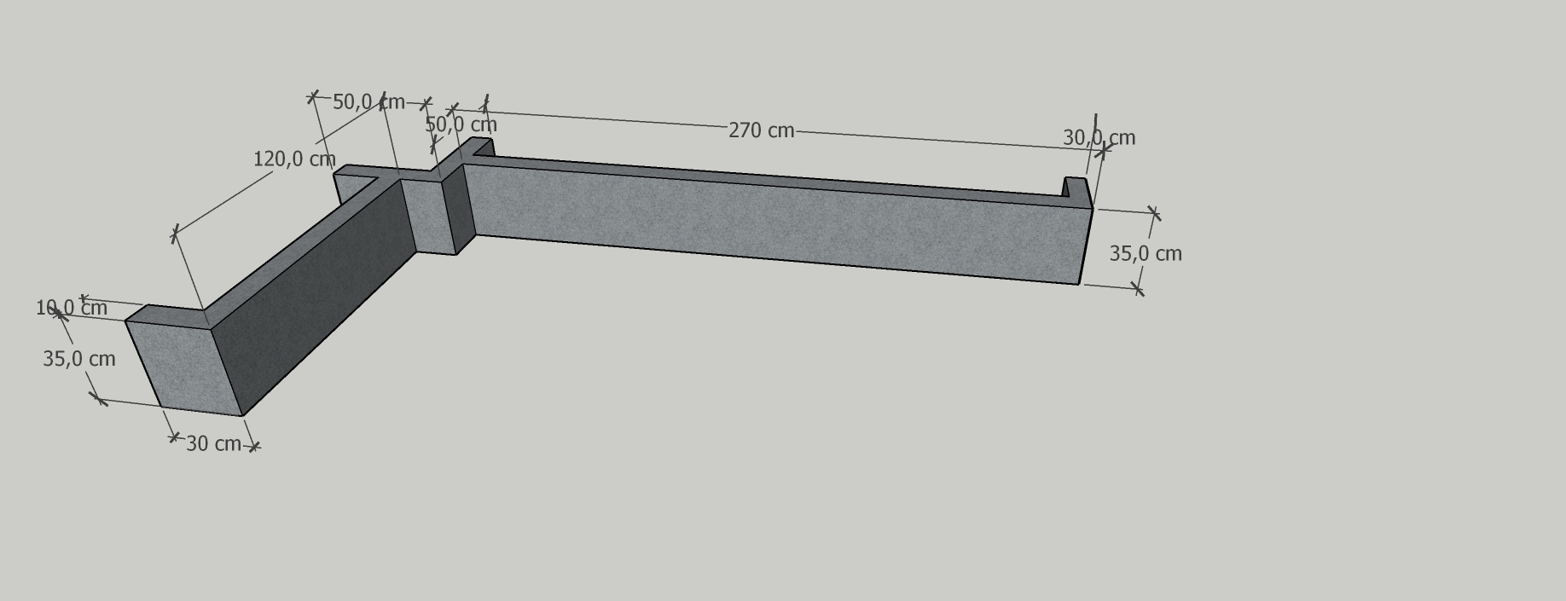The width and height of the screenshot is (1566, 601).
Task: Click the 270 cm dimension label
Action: click(x=761, y=130)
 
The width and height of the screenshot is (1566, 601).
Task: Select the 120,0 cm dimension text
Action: click(x=294, y=159)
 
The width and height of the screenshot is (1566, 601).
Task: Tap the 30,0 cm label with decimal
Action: click(x=1099, y=137)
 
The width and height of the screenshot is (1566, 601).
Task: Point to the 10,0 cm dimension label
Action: click(x=72, y=308)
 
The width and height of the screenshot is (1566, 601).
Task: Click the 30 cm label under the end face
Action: click(x=213, y=443)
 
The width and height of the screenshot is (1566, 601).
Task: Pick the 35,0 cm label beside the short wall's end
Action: click(x=79, y=359)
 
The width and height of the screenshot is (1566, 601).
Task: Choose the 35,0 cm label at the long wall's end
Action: click(x=1145, y=253)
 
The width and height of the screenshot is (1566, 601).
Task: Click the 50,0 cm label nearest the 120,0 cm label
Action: click(x=368, y=102)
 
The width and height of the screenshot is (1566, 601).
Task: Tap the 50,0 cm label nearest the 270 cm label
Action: click(x=461, y=124)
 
